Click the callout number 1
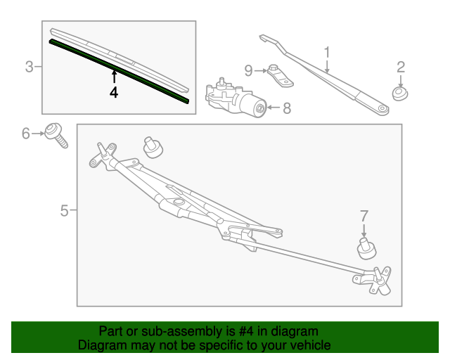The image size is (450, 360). pyautogui.click(x=327, y=52)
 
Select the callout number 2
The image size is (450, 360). pyautogui.click(x=401, y=67)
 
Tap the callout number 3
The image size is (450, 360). pyautogui.click(x=30, y=67)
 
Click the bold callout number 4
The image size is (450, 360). pyautogui.click(x=114, y=92)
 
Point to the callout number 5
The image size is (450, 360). pyautogui.click(x=64, y=210)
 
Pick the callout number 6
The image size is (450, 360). pyautogui.click(x=26, y=133)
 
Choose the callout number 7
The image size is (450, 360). pyautogui.click(x=364, y=215)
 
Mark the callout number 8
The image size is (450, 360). pyautogui.click(x=286, y=108)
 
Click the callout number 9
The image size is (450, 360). pyautogui.click(x=248, y=70)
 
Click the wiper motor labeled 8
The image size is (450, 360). pyautogui.click(x=236, y=99)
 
